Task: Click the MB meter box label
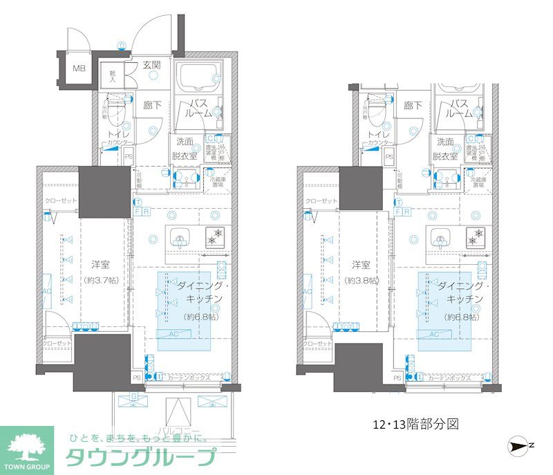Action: click(x=79, y=68)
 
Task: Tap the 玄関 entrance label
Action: click(x=152, y=66)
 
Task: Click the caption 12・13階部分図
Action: click(x=412, y=423)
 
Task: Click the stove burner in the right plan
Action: click(x=476, y=236)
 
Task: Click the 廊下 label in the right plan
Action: click(x=413, y=106)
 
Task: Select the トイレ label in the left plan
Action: click(x=113, y=134)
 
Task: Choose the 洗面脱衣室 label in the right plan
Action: click(x=444, y=148)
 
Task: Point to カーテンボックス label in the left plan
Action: click(x=188, y=378)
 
